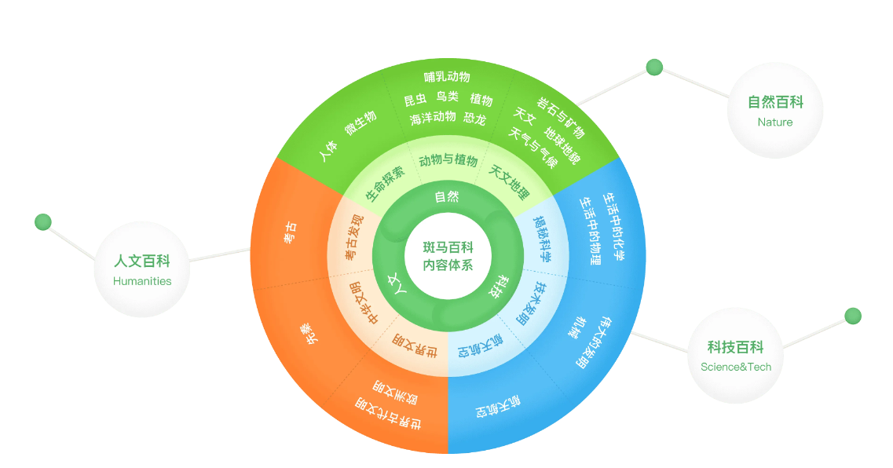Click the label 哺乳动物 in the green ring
tap(447, 77)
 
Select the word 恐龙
tap(474, 119)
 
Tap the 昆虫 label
tap(415, 100)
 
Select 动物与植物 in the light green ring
tap(448, 160)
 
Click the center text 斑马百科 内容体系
tap(448, 256)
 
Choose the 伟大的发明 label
tap(593, 342)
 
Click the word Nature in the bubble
tap(775, 122)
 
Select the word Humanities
tap(142, 281)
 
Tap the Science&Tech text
tap(736, 367)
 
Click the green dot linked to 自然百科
tap(654, 68)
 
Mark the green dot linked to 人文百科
tap(43, 222)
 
